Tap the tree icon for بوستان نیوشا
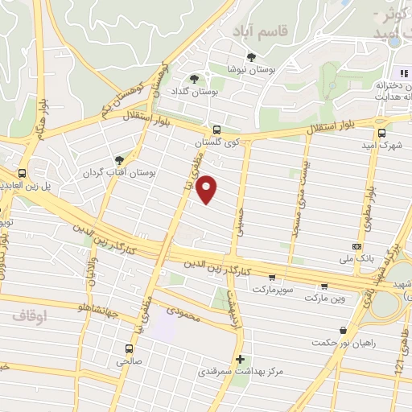tap(252, 56)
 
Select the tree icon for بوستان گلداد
tap(194, 78)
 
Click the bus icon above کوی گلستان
tap(216, 130)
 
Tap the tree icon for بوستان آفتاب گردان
tap(120, 160)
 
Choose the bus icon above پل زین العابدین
tap(22, 172)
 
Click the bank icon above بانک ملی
tap(356, 246)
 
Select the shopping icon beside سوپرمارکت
tap(324, 286)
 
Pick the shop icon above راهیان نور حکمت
tap(344, 330)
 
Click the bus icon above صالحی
tap(129, 348)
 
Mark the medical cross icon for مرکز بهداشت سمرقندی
tap(239, 359)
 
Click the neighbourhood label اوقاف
tap(31, 316)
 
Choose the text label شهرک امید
tap(381, 145)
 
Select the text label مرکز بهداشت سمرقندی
tap(239, 373)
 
